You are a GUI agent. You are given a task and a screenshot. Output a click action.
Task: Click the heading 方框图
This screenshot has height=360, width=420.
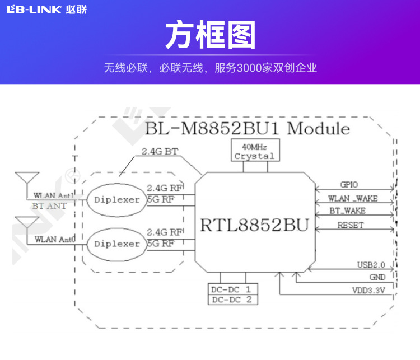point(210,35)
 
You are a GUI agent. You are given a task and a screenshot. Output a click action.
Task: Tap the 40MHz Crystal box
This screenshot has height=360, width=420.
point(254,151)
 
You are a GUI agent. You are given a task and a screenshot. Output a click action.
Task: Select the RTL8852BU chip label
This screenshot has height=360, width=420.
point(254,226)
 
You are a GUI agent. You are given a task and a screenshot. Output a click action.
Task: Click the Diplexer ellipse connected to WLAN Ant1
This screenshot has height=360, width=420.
point(117,199)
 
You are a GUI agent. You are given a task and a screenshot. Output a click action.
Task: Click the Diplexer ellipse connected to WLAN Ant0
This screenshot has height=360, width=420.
point(117,244)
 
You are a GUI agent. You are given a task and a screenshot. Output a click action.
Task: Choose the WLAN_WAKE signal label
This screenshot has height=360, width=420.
point(353,198)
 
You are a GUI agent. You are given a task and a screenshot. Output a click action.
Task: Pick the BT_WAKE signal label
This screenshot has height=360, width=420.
point(347,211)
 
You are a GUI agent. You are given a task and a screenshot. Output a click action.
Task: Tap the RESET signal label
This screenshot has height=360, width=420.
point(350,225)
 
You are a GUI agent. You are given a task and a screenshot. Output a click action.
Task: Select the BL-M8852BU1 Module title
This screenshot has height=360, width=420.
point(247,129)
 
